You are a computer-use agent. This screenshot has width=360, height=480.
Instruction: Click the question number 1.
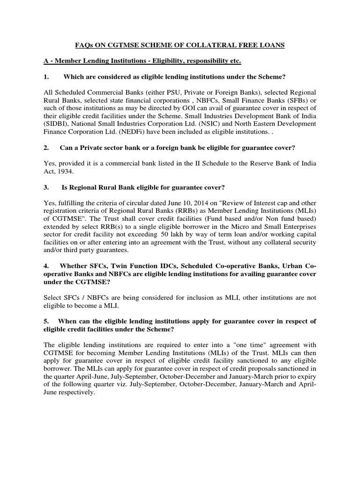45,77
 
